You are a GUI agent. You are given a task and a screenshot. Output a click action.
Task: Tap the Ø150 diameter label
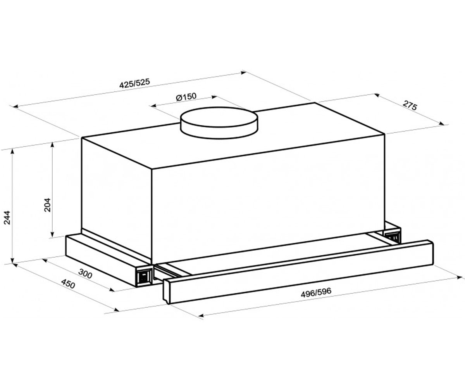186,97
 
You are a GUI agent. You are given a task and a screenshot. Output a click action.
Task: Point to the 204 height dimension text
47,205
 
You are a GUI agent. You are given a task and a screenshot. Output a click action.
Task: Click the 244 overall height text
7,217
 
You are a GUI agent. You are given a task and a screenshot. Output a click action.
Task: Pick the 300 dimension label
85,274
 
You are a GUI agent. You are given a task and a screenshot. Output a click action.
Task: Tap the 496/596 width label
316,293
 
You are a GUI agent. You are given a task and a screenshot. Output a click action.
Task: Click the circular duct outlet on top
219,123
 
